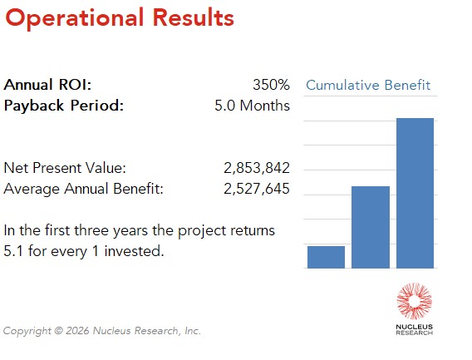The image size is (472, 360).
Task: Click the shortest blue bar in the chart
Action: [x=326, y=257]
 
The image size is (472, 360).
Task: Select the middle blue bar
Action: [x=371, y=227]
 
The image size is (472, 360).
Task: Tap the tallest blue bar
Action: [x=415, y=193]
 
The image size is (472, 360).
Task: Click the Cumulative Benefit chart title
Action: [x=368, y=85]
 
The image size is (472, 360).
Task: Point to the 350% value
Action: [x=271, y=85]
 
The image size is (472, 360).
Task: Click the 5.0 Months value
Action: [x=252, y=106]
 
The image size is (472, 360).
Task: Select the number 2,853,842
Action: [x=256, y=168]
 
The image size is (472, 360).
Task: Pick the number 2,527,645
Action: [x=256, y=189]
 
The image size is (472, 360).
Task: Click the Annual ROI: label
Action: [x=48, y=85]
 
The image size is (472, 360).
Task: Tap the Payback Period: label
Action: [x=64, y=106]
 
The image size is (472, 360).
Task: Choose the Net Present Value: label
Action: [x=66, y=168]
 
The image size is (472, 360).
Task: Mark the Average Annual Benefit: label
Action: [x=84, y=189]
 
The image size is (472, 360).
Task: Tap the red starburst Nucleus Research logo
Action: [x=414, y=301]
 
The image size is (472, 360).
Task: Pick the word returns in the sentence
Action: [x=253, y=229]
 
